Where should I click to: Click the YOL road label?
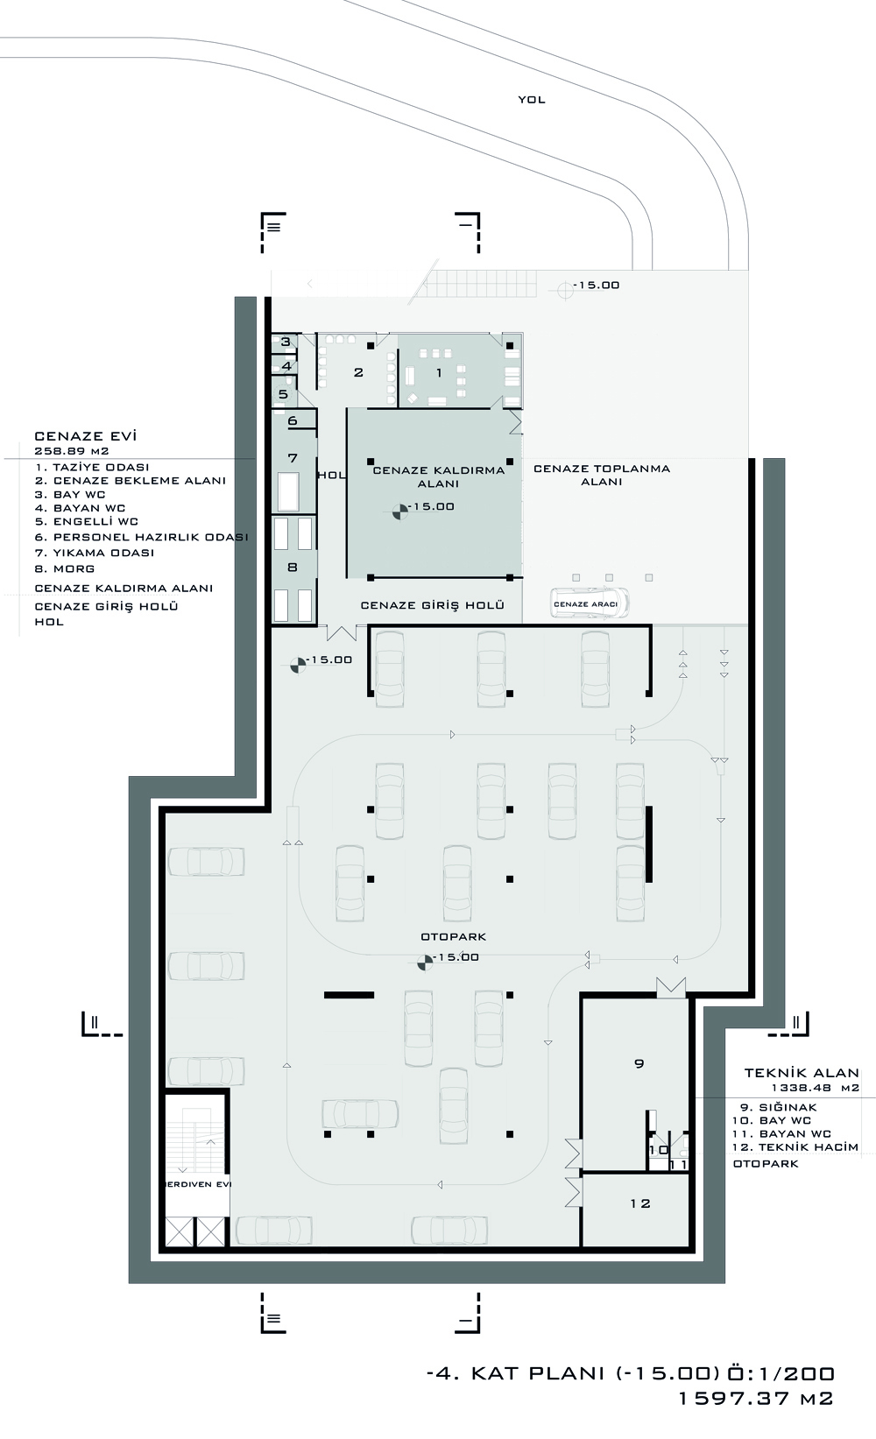[532, 100]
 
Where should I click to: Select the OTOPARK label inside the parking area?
[454, 936]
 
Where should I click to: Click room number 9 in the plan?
[639, 1064]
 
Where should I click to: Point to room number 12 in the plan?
[640, 1204]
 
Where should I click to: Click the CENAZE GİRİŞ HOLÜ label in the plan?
[433, 605]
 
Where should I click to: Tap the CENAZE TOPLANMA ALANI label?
[602, 476]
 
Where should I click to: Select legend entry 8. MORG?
[65, 568]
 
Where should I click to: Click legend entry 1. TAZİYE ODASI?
[92, 467]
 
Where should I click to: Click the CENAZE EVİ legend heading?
[86, 436]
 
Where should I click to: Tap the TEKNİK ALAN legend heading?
[802, 1072]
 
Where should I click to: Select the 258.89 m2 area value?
[71, 451]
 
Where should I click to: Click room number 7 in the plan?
[293, 458]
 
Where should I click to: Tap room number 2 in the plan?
[358, 372]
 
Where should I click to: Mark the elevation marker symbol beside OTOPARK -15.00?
[425, 962]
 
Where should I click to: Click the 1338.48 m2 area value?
[816, 1089]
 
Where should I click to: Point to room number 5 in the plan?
[283, 394]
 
